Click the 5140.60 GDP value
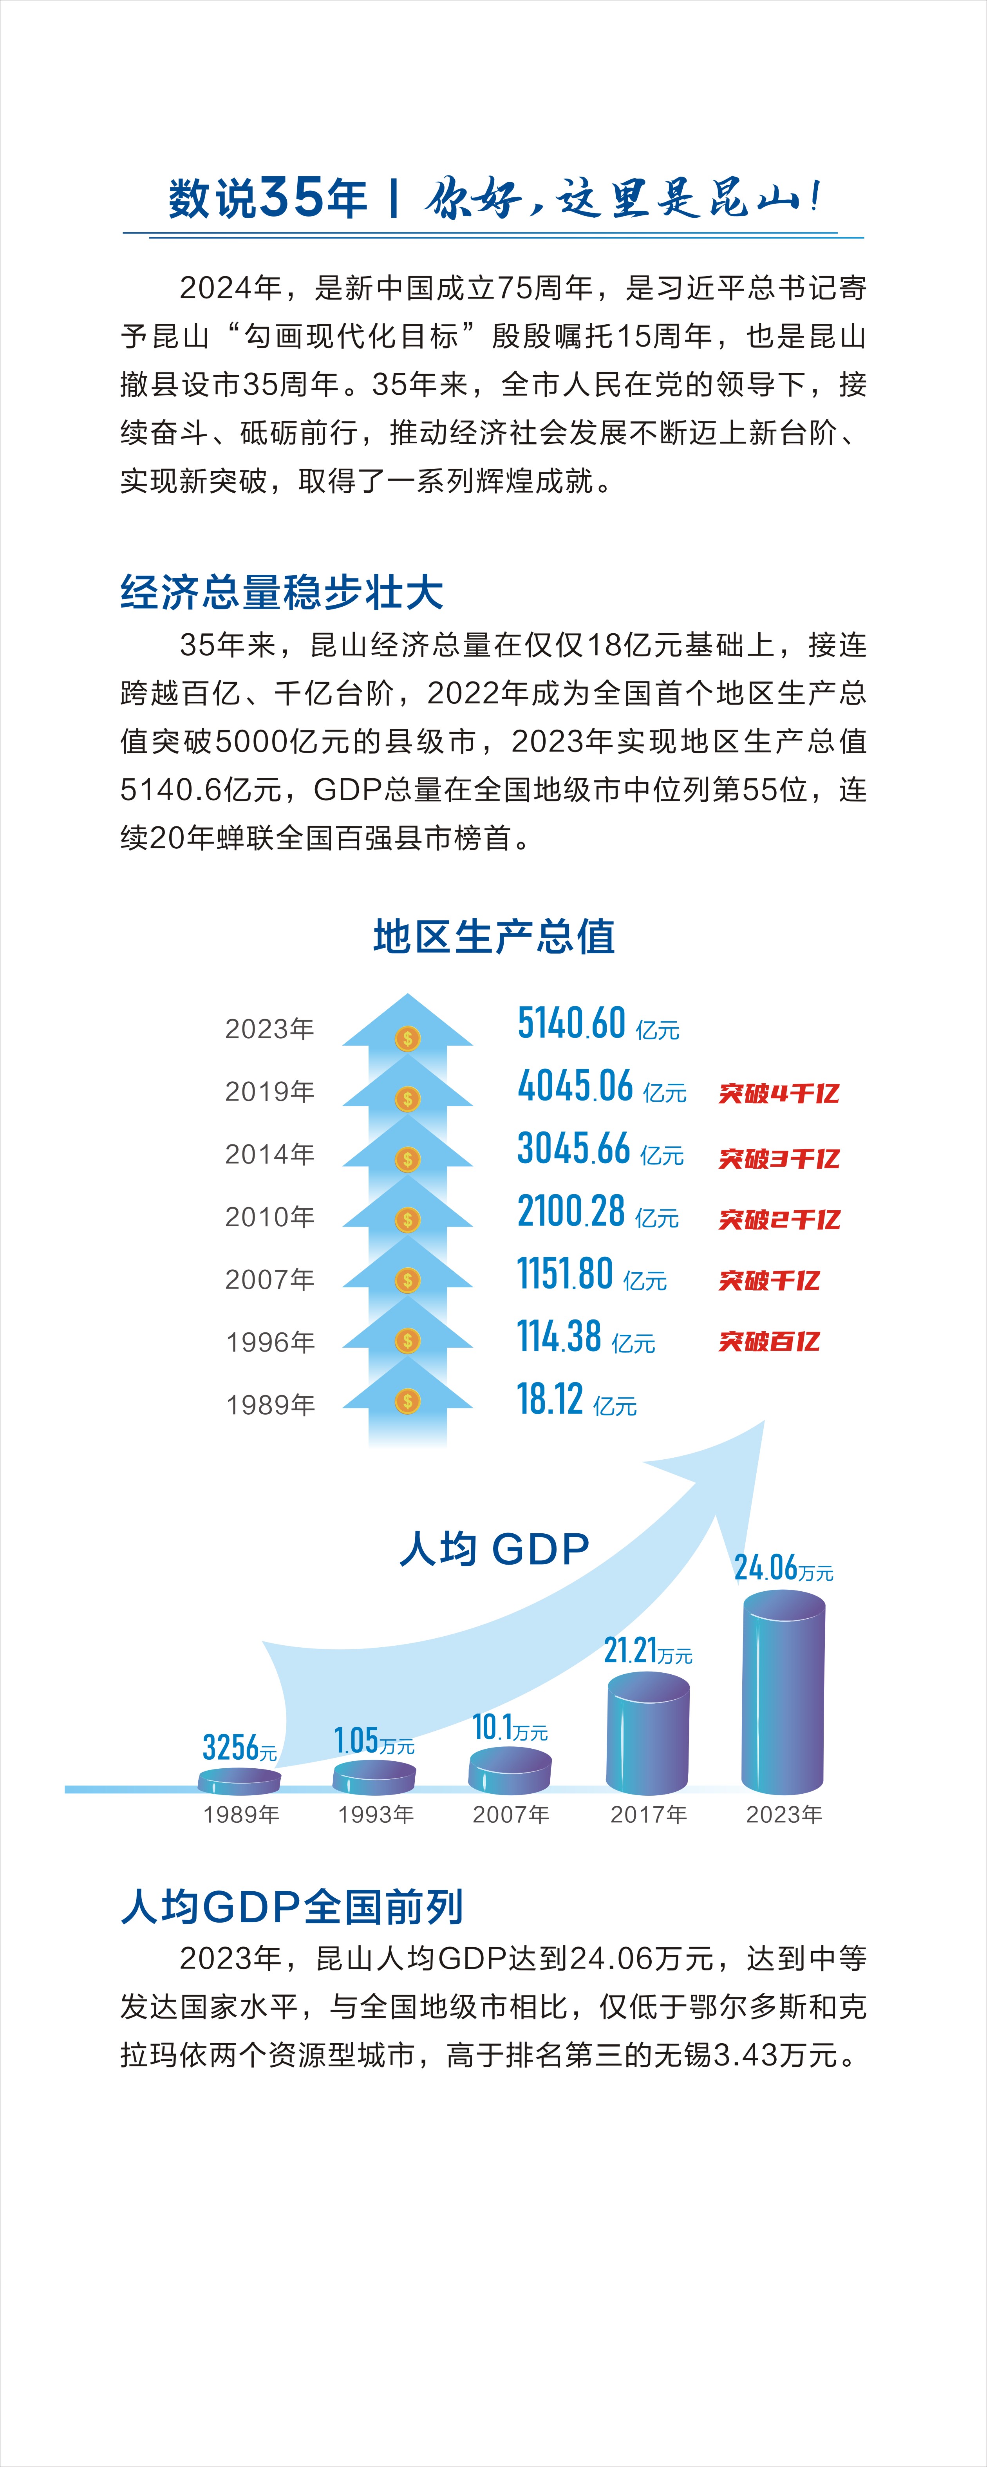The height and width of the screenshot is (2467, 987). tap(571, 1024)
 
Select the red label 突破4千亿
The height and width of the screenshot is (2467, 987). tap(778, 1093)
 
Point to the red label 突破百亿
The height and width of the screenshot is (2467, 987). tap(769, 1342)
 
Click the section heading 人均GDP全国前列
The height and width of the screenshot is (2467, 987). tap(292, 1907)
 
